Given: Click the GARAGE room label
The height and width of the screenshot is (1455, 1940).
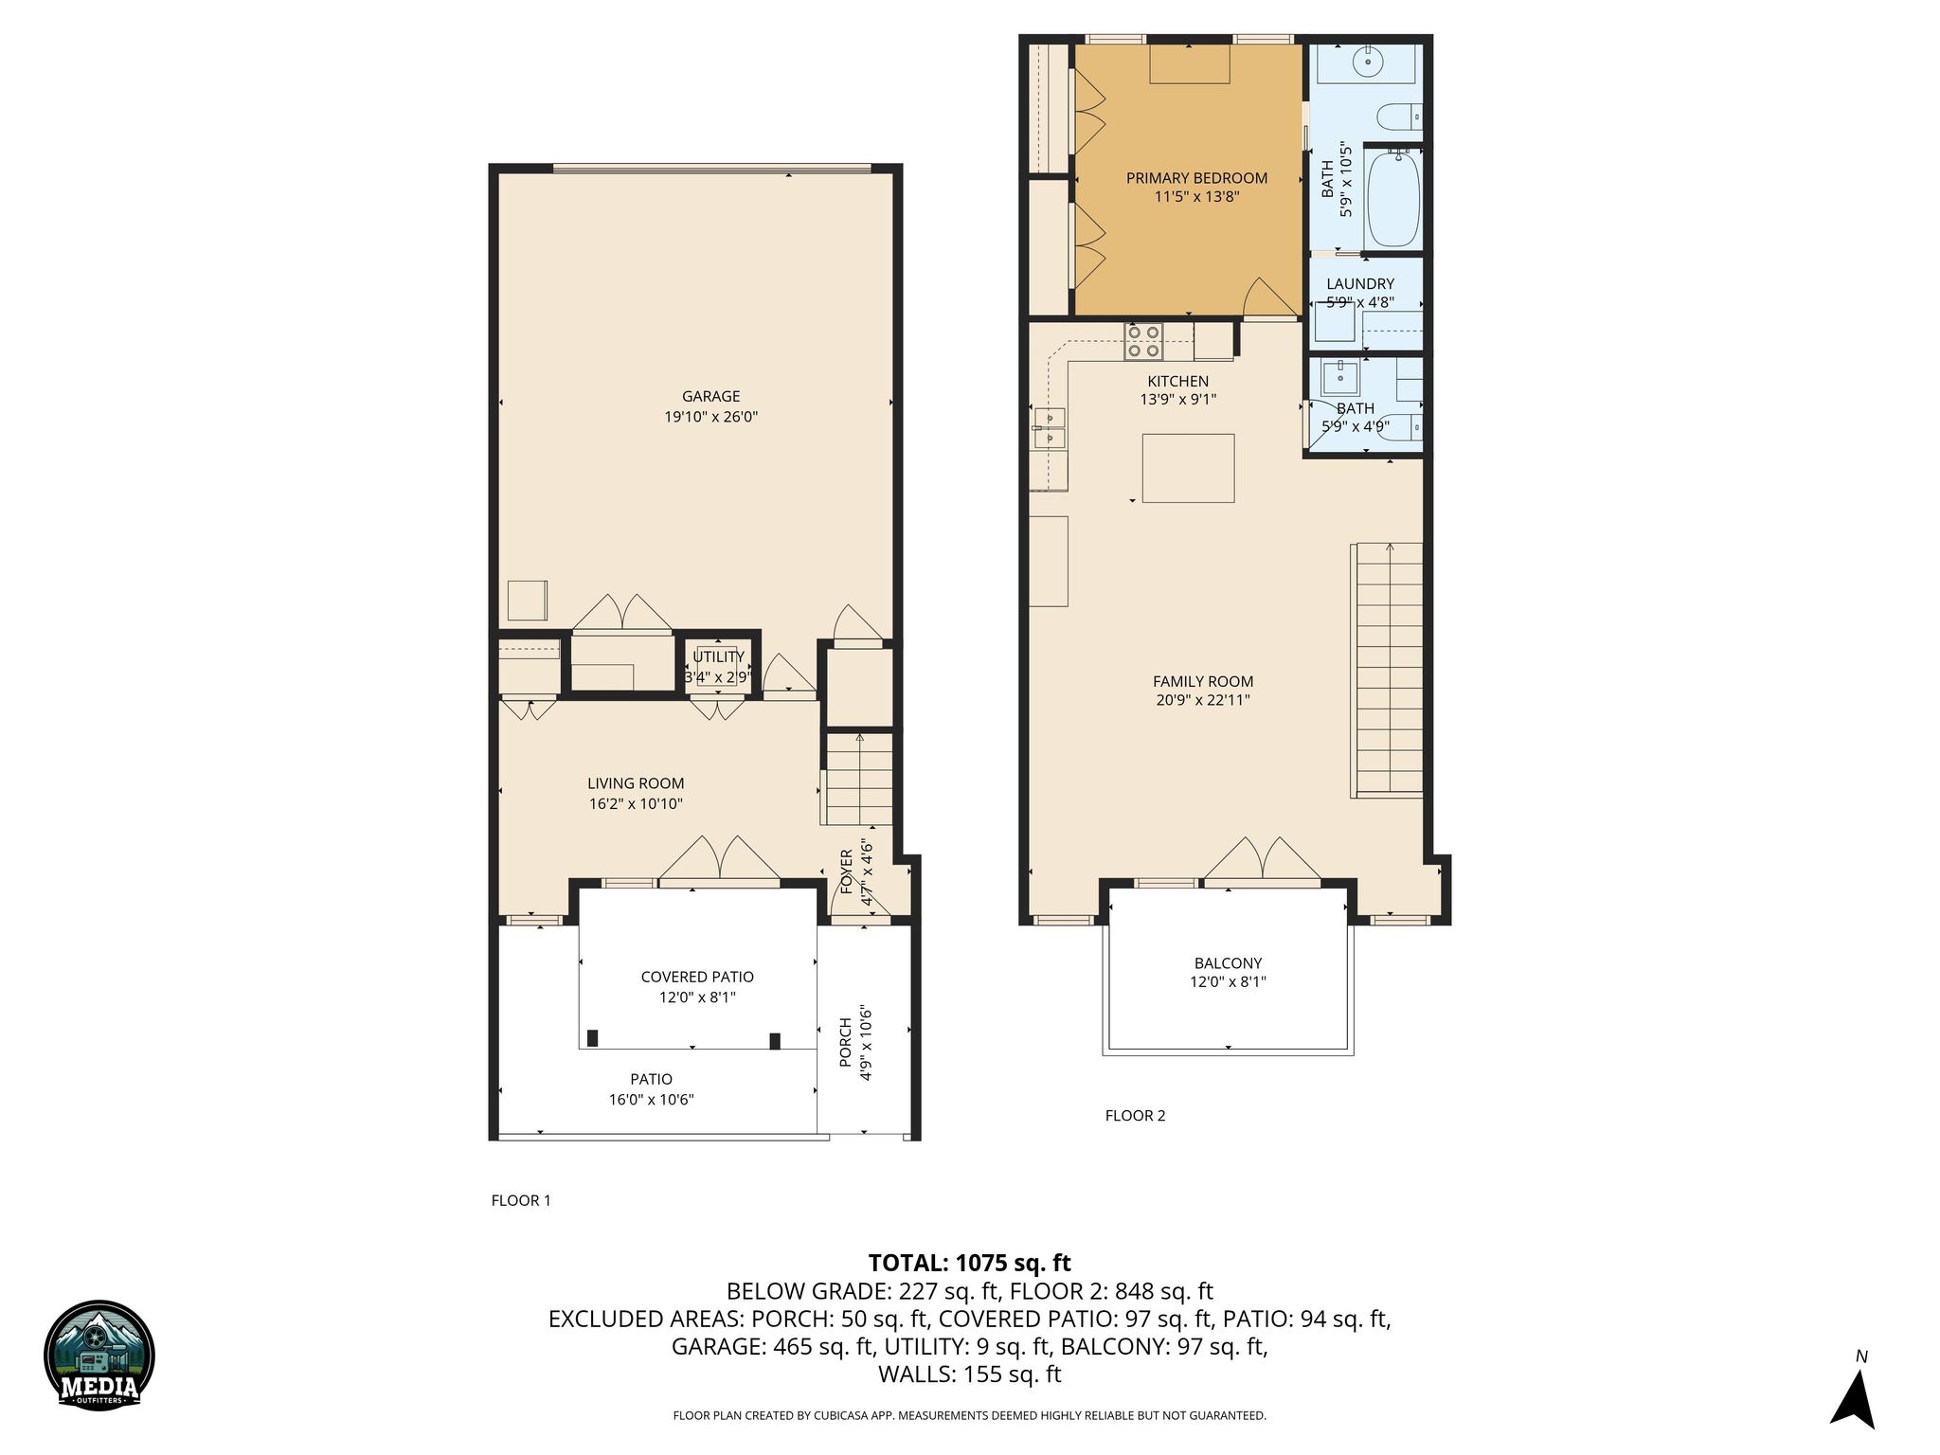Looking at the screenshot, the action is click(x=710, y=397).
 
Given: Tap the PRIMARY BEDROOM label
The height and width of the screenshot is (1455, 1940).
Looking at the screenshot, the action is click(x=1196, y=178).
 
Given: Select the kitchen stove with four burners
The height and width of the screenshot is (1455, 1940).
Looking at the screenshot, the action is click(x=1143, y=341).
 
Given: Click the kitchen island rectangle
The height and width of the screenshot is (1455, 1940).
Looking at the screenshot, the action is click(x=1188, y=468).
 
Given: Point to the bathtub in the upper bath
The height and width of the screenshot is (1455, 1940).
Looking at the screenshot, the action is click(x=1392, y=198).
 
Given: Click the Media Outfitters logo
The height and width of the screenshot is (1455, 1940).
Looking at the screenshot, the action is click(x=99, y=1356).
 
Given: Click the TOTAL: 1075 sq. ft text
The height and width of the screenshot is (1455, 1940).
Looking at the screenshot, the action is click(x=969, y=1263).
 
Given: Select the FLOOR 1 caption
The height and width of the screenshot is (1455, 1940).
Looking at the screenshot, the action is click(x=521, y=1201).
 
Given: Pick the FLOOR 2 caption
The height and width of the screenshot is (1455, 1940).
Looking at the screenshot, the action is click(x=1135, y=1116).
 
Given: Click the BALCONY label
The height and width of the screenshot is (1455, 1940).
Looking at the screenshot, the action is click(x=1228, y=963).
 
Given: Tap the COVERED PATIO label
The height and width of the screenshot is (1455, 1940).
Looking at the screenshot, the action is click(x=697, y=978).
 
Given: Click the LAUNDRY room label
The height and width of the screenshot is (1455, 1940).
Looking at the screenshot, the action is click(x=1360, y=284).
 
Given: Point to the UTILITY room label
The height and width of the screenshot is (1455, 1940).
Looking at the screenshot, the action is click(x=718, y=657).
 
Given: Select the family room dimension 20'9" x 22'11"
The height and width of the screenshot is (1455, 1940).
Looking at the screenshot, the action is click(x=1202, y=701).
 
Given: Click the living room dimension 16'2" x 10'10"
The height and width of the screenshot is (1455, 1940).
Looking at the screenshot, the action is click(x=636, y=804).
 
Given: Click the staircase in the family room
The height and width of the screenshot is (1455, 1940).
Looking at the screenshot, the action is click(x=1389, y=669).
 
